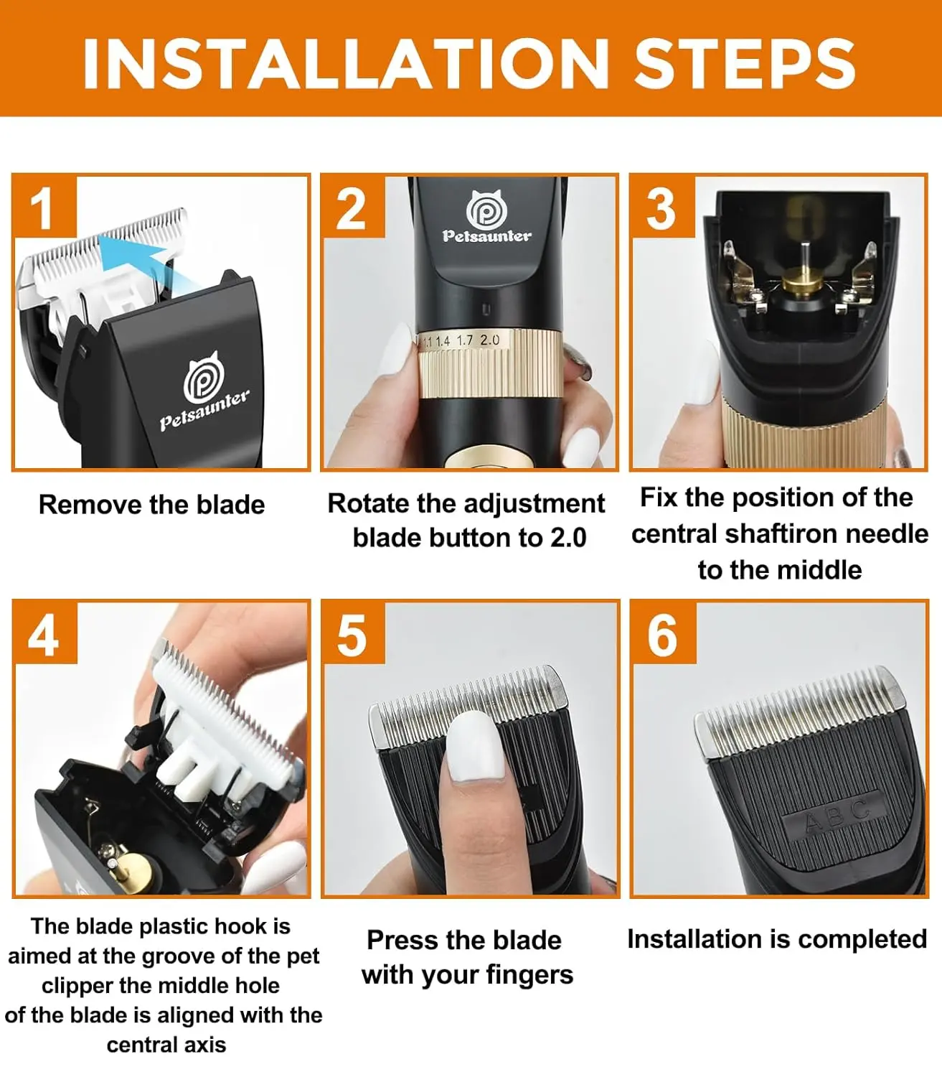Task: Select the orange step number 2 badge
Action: click(x=352, y=208)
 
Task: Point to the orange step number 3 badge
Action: click(x=661, y=208)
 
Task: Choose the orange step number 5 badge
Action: click(x=352, y=635)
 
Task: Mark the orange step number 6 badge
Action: click(x=661, y=635)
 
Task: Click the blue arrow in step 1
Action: click(x=133, y=262)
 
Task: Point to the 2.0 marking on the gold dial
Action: click(x=490, y=340)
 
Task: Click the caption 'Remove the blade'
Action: click(x=151, y=505)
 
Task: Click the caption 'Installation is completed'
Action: click(x=776, y=939)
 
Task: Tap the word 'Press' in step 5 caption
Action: click(x=402, y=940)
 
